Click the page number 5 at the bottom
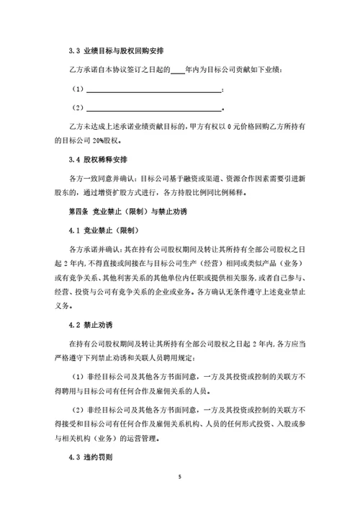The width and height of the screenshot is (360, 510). tap(180, 478)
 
